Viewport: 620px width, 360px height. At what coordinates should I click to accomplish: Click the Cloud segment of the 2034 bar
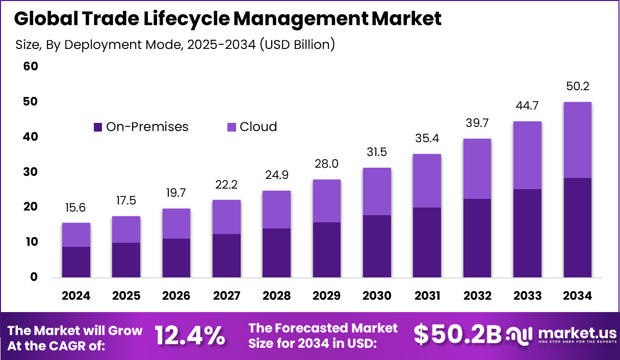pos(578,140)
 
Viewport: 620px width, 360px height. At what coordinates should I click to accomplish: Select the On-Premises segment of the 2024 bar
pos(76,262)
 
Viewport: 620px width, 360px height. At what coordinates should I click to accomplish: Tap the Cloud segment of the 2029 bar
pos(326,201)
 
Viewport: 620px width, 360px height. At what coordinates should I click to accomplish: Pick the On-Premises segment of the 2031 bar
pos(427,242)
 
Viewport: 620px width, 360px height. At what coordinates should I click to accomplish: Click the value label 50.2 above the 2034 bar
pos(578,86)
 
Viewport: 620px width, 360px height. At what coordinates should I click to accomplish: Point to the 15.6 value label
pos(76,207)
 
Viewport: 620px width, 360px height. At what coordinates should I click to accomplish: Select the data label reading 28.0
pos(326,164)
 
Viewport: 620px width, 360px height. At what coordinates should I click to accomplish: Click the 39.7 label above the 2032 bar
pos(477,123)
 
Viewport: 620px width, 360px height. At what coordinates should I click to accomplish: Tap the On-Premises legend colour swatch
pos(98,127)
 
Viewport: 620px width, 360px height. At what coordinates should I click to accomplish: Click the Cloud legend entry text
pos(258,127)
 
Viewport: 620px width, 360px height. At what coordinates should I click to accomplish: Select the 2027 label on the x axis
pos(226,296)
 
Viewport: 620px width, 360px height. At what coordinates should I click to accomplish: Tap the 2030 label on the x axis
pos(377,296)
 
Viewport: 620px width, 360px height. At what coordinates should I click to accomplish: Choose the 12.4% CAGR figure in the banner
pos(190,335)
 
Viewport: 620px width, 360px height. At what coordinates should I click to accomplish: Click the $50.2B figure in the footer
pos(457,335)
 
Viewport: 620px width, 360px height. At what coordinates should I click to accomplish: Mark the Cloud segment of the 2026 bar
pos(176,223)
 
